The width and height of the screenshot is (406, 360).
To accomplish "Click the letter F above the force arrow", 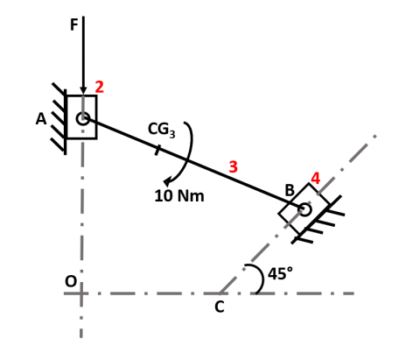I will (x=74, y=25).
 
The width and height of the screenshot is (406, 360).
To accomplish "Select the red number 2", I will (x=100, y=87).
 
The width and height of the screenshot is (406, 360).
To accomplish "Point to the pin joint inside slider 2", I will (x=82, y=118).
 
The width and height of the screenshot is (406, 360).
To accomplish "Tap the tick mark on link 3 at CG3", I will (x=157, y=149).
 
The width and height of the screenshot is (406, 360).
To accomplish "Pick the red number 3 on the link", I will (x=233, y=166).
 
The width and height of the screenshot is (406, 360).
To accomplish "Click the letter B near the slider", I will (x=289, y=190).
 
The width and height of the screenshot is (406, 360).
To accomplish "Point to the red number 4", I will (x=315, y=179).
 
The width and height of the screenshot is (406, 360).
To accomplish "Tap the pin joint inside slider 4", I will (x=304, y=209).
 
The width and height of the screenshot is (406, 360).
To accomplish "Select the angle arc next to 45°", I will (x=260, y=279).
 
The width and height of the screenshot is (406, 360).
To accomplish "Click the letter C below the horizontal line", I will (x=219, y=307).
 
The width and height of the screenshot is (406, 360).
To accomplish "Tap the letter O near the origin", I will (x=70, y=281).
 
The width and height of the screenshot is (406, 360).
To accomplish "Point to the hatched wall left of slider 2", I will (x=59, y=118).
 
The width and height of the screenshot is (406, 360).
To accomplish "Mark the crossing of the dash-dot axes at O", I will (x=81, y=293).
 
